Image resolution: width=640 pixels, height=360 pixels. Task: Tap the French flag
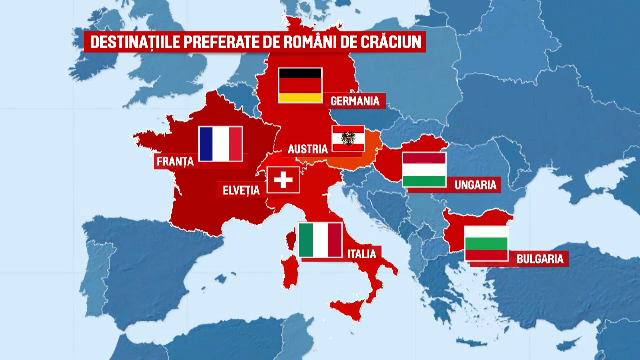tap(220, 144)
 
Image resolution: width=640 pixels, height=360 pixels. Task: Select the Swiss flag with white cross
tap(284, 180)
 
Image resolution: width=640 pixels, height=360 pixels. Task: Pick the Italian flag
tap(321, 241)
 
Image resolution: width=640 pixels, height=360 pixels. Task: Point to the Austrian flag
tap(347, 140)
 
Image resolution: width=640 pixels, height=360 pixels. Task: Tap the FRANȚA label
tap(175, 160)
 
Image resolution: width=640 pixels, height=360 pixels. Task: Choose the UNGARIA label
tap(472, 184)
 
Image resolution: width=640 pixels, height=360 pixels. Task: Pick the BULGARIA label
tap(541, 259)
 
